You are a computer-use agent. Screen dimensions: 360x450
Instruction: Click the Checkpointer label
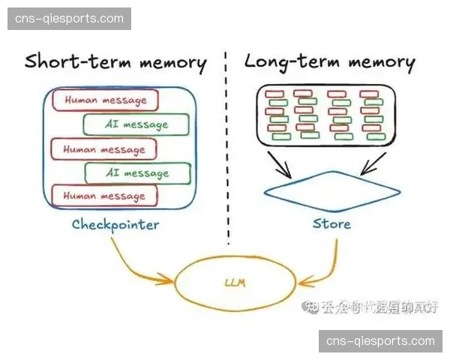[x=115, y=223]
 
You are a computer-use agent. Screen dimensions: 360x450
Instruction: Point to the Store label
[x=331, y=223]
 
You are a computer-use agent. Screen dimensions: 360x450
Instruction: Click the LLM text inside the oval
[x=235, y=283]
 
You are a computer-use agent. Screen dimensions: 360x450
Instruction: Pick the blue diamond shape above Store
[x=331, y=190]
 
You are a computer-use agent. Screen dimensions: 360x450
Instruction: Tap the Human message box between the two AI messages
[x=103, y=149]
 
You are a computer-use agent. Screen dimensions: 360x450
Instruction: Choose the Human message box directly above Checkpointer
[x=103, y=196]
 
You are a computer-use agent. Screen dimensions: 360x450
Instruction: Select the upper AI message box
[x=136, y=124]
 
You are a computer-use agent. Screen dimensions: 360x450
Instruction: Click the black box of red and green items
[x=331, y=115]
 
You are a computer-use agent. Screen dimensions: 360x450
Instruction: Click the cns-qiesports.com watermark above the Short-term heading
[x=69, y=18]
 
